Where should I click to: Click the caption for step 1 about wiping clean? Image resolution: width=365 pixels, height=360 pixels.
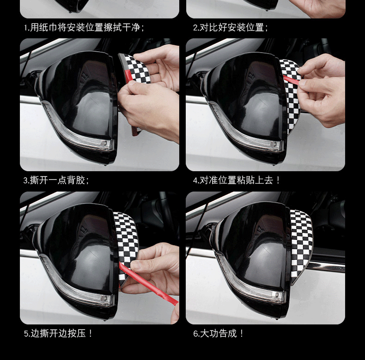[x=84, y=27]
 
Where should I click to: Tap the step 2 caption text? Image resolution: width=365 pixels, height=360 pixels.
[x=231, y=27]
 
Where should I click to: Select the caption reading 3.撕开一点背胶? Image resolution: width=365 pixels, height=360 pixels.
[x=56, y=180]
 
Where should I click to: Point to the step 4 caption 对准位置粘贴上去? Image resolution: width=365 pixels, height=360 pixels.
[x=237, y=180]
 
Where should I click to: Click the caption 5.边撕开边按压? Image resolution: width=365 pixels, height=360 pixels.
[x=58, y=334]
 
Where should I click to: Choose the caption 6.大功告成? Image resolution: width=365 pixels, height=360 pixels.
[x=219, y=334]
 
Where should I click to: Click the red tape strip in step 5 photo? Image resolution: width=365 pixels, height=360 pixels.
[x=148, y=282]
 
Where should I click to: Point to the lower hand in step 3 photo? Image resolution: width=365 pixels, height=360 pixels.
[x=149, y=109]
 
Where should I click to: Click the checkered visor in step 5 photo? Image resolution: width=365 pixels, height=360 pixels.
[x=127, y=246]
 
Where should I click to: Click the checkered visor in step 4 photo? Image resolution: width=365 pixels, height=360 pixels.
[x=291, y=98]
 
